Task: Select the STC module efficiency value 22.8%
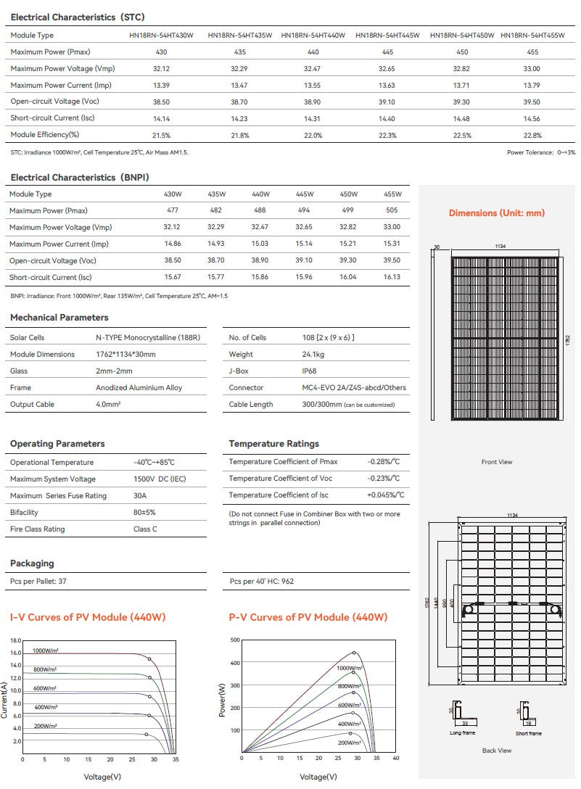tap(532, 135)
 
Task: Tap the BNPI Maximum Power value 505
tap(392, 211)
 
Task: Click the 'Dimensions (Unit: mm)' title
tap(497, 213)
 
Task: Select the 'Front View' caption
tap(497, 462)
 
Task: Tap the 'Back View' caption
tap(497, 751)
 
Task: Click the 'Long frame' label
tap(462, 733)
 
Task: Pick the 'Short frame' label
tap(528, 733)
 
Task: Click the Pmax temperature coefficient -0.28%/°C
tap(384, 462)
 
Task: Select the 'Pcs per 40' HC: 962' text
tap(262, 582)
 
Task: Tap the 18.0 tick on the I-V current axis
tap(16, 641)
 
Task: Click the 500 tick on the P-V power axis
tap(234, 640)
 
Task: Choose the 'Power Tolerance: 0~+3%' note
tap(541, 152)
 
